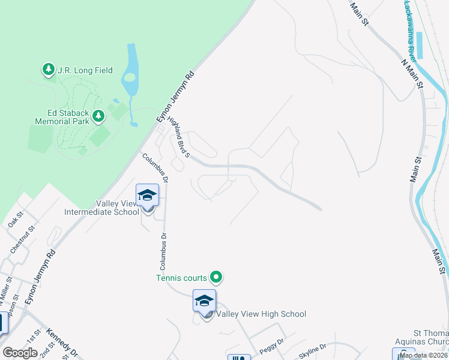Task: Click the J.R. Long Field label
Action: point(85,70)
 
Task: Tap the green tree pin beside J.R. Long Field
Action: point(48,70)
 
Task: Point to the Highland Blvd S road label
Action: point(178,137)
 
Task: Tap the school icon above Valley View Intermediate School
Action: point(148,196)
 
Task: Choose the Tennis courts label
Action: point(181,277)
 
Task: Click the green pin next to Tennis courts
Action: point(216,277)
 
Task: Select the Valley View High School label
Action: point(261,314)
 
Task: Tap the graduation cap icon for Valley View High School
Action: point(204,301)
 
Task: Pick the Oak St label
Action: point(15,219)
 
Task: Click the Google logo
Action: point(20,353)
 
